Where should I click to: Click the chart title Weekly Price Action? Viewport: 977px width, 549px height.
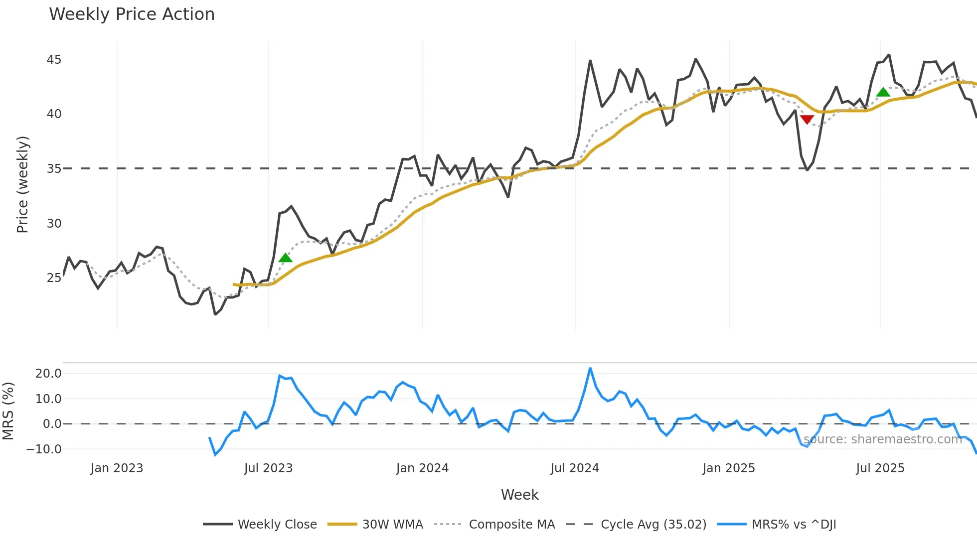coord(132,14)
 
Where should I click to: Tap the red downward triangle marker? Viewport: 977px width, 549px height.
coord(807,120)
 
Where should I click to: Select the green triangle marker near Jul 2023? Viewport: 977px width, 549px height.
coord(285,258)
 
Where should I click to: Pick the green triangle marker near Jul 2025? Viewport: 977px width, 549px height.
coord(883,92)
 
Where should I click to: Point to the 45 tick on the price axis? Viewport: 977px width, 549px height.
coord(54,60)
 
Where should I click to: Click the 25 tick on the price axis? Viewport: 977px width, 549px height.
coord(54,278)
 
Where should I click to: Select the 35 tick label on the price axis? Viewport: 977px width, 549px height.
coord(54,169)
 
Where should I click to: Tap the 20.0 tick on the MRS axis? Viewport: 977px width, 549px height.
coord(48,374)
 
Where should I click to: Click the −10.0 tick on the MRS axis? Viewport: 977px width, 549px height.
coord(44,449)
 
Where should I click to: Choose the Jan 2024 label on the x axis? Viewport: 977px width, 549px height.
coord(422,468)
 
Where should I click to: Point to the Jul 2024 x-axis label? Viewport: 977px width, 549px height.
coord(575,468)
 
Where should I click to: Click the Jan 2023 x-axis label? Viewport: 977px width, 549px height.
coord(117,468)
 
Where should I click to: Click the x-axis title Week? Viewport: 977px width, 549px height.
coord(519,495)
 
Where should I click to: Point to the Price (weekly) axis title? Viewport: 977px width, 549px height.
coord(22,184)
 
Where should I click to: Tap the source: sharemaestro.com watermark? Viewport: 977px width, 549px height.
coord(882,439)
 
